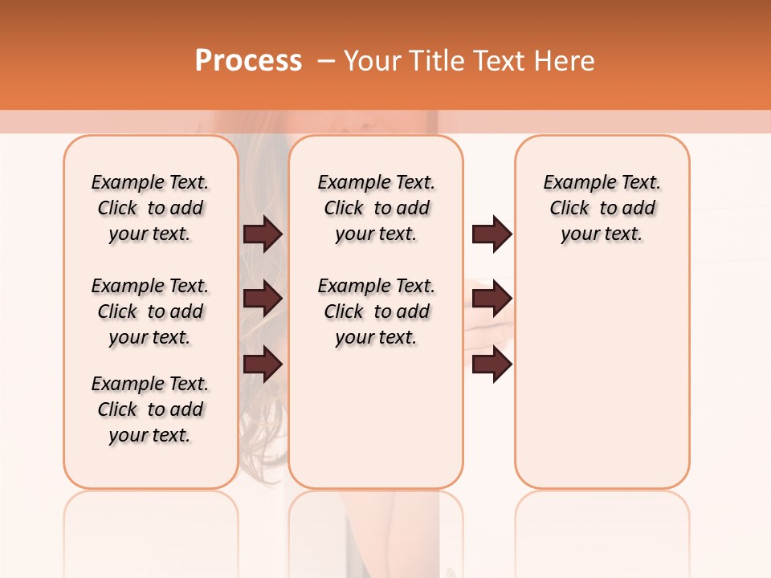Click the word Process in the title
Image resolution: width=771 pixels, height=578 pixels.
[x=248, y=61]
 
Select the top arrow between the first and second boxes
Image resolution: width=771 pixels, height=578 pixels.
[x=263, y=234]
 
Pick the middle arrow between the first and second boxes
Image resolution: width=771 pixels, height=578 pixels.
[x=263, y=299]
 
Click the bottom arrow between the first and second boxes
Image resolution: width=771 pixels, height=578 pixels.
[x=263, y=364]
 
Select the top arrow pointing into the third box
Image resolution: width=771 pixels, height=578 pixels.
[x=492, y=234]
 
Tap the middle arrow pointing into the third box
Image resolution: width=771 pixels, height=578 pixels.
[x=492, y=299]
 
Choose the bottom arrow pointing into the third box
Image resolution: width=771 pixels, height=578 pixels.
[x=492, y=364]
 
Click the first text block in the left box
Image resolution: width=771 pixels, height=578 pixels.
[x=150, y=208]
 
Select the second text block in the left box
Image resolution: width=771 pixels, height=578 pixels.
[x=150, y=311]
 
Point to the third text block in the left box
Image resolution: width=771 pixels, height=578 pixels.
[x=150, y=409]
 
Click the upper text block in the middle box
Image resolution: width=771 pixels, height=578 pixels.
[x=376, y=208]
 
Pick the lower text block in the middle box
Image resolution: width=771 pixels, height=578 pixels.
[x=376, y=311]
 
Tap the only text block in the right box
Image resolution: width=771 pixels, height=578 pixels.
[x=602, y=208]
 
